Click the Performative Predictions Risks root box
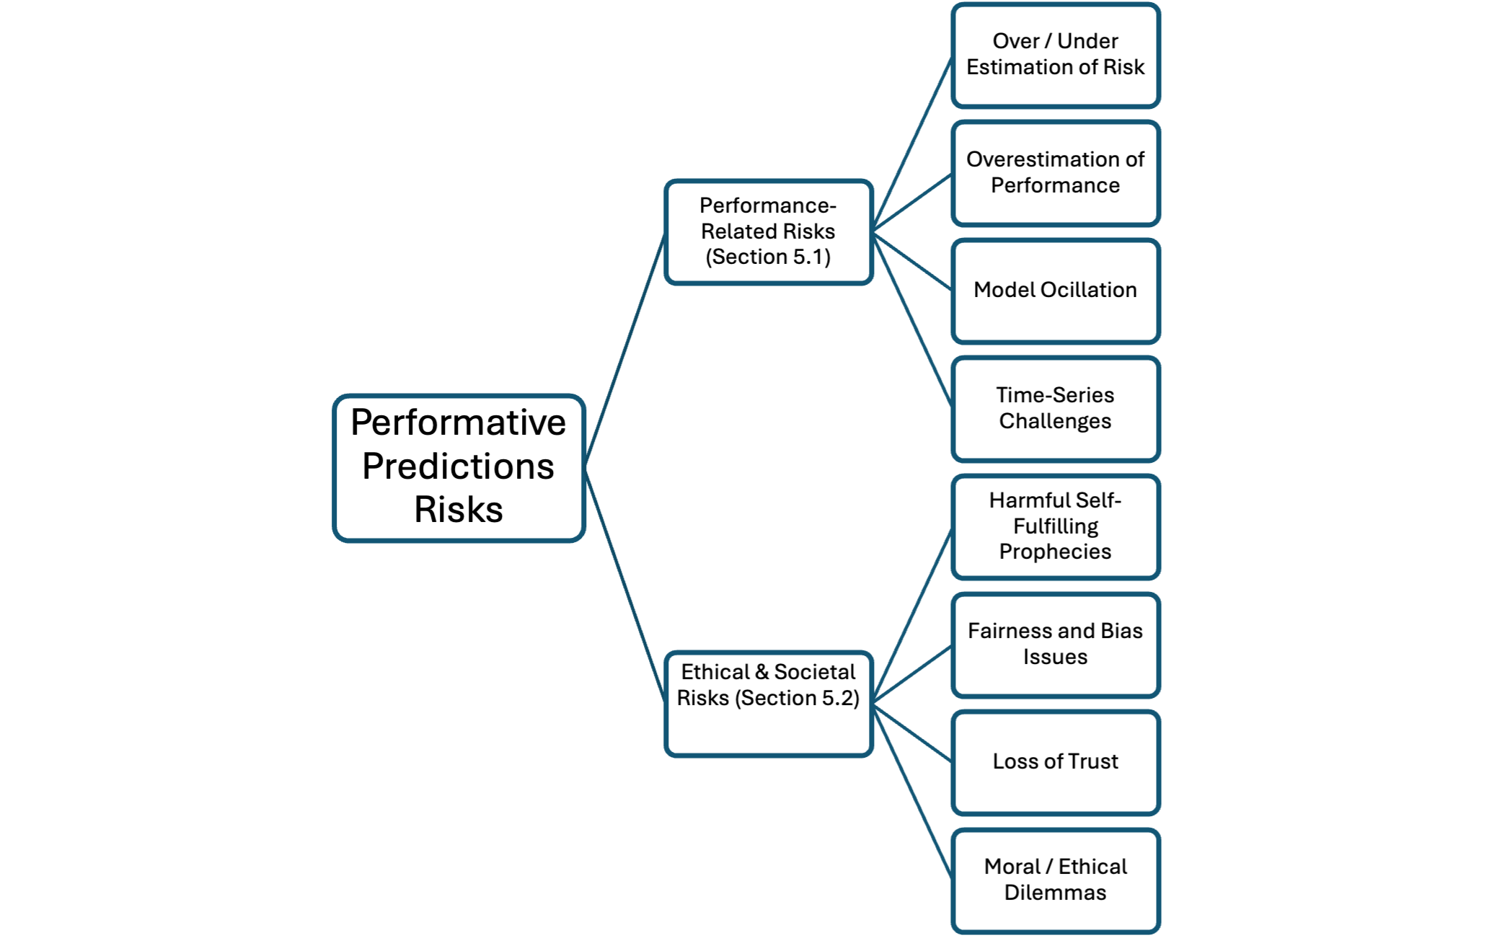point(459,468)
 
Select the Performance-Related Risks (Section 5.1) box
point(769,232)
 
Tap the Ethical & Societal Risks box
point(769,704)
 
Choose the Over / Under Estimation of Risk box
point(1056,56)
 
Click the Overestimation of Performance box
point(1056,173)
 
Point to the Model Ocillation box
point(1056,291)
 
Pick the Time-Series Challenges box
point(1056,409)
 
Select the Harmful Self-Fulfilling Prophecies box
point(1056,527)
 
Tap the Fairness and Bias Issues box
point(1056,645)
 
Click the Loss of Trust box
point(1056,763)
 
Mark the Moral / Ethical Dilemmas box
point(1056,881)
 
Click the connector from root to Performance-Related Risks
point(624,350)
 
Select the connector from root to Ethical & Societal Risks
point(624,586)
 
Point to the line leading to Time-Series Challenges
point(912,321)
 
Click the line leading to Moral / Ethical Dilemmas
point(912,792)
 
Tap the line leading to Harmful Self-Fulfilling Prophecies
point(912,616)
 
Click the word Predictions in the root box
point(459,466)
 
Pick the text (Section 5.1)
point(769,257)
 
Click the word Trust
point(1093,761)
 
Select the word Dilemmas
point(1056,893)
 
